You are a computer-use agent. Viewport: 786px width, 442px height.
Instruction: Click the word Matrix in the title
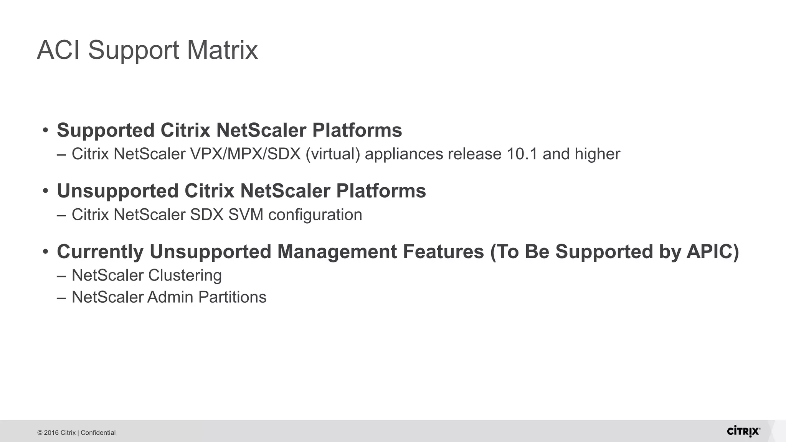222,50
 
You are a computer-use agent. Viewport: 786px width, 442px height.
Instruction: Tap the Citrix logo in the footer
743,431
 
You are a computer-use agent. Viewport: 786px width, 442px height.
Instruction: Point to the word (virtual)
333,154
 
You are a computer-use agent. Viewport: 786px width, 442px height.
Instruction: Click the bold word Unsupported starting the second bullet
118,191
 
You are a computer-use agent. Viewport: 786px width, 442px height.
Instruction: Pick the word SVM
246,215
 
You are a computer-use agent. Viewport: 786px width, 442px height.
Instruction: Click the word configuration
315,215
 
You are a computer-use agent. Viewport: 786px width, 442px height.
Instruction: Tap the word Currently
100,252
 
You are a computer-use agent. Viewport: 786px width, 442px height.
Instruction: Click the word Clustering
185,275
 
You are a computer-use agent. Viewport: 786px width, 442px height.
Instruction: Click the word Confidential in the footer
98,433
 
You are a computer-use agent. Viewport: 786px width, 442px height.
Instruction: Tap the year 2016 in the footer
51,433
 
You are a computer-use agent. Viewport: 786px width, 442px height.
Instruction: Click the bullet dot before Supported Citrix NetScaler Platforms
46,130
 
